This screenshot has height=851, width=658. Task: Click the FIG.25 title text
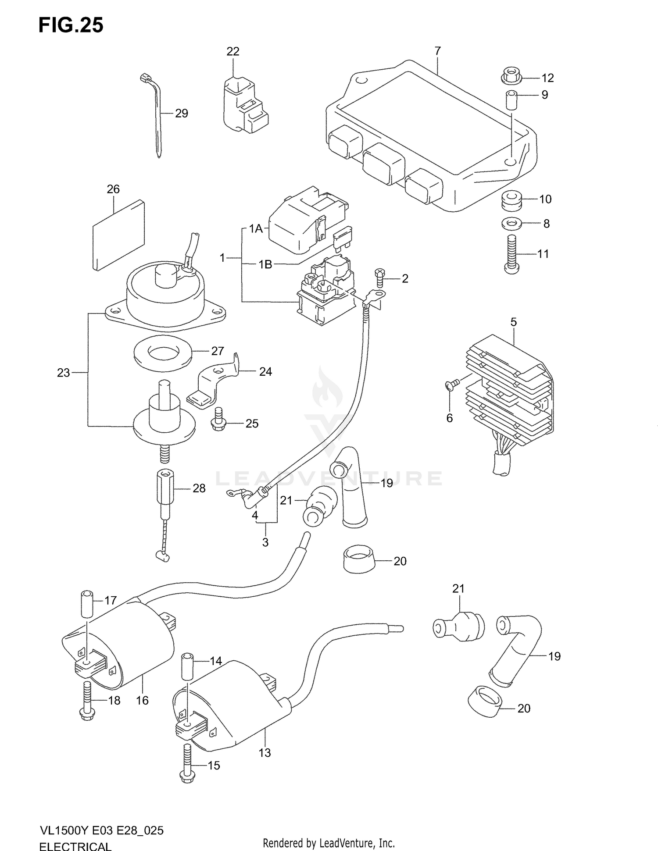click(x=71, y=25)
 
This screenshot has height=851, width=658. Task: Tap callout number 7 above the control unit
click(x=437, y=51)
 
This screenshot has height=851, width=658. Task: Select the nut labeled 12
click(x=511, y=77)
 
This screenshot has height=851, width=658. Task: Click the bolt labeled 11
click(x=512, y=254)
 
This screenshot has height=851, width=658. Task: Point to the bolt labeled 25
click(x=218, y=420)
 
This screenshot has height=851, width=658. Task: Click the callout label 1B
click(x=265, y=264)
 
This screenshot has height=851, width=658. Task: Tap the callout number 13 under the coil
click(x=265, y=753)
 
